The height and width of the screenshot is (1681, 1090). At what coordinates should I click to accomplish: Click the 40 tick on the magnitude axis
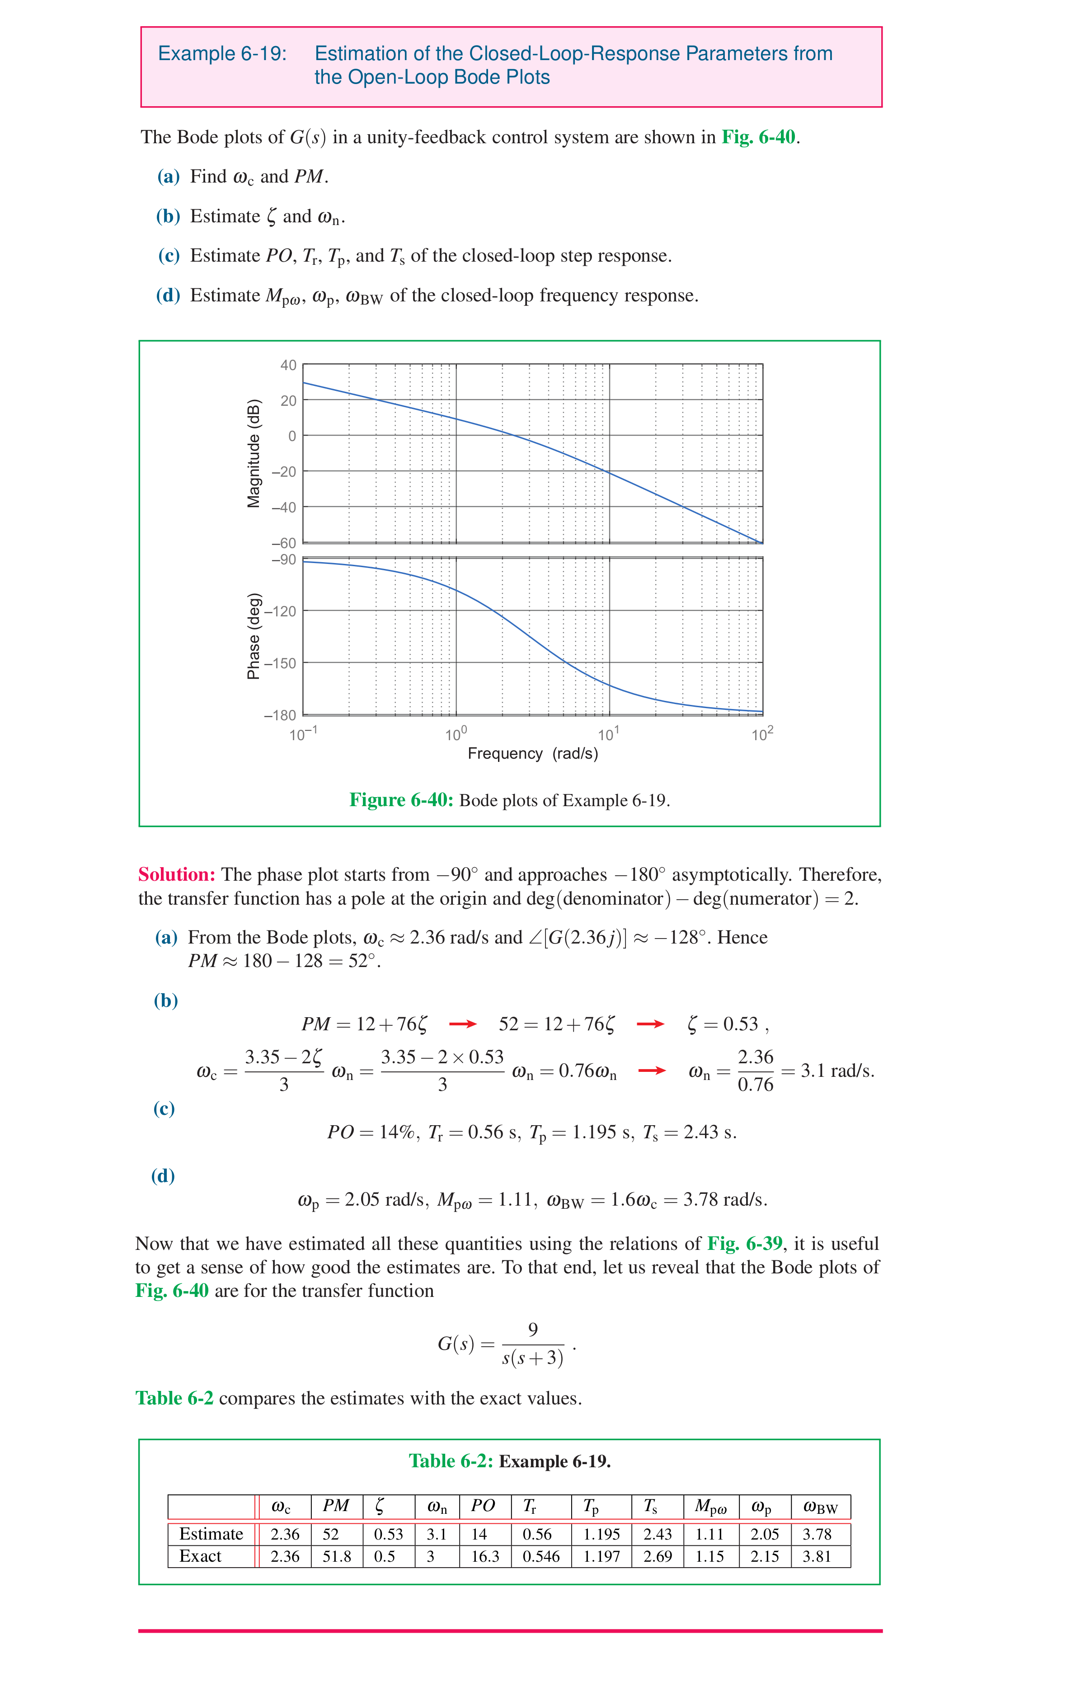pos(288,365)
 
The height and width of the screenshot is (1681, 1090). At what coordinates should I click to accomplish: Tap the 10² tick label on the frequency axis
pos(762,734)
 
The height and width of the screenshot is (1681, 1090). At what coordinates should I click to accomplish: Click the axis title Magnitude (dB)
pos(254,453)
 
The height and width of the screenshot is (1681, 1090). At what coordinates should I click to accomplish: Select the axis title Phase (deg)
pos(253,636)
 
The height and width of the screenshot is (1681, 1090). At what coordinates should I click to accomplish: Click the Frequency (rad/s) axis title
pos(533,754)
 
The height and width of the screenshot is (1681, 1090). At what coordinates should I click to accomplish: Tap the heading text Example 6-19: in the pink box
pos(222,54)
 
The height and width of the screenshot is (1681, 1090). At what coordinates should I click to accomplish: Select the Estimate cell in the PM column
pos(331,1534)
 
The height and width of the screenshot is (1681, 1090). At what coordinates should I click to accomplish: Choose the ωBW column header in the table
pos(820,1507)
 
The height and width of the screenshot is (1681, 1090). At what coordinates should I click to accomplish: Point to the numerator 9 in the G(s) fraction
pos(533,1330)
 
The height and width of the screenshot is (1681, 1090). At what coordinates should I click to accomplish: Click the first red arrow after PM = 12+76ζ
pos(463,1024)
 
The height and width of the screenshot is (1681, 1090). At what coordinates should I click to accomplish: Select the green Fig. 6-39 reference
pos(745,1243)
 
